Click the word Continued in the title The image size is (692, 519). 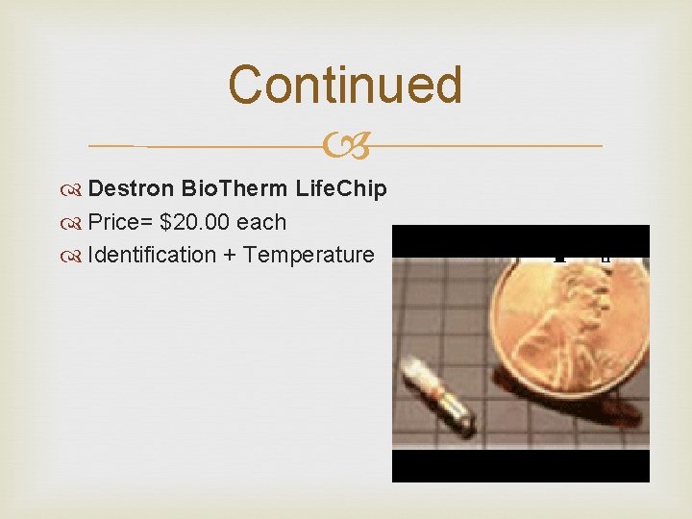pyautogui.click(x=345, y=85)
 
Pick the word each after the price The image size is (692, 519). pyautogui.click(x=261, y=222)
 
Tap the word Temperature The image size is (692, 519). pyautogui.click(x=309, y=255)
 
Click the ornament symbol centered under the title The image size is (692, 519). pyautogui.click(x=346, y=146)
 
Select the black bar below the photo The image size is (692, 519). pyautogui.click(x=520, y=466)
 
